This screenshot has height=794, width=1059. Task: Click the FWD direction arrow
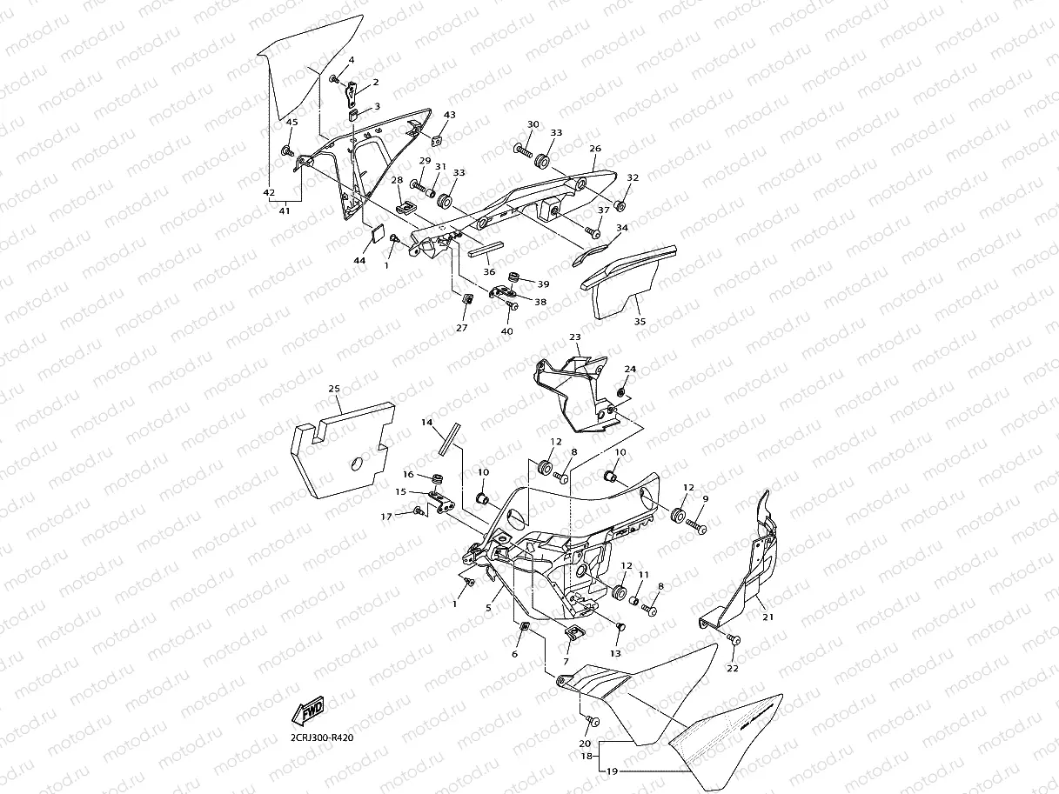coord(309,712)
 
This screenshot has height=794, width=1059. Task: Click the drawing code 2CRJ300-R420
coord(322,738)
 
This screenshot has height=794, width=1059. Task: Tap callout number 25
coord(334,388)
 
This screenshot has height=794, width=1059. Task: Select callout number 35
coord(640,320)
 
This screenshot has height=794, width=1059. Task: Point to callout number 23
coord(574,337)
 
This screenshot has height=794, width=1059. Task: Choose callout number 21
coord(767,617)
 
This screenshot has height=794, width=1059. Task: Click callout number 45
coord(292,123)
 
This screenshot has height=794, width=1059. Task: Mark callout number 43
coord(449,115)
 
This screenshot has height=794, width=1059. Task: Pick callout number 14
coord(426,422)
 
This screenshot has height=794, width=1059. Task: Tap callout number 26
coord(595,149)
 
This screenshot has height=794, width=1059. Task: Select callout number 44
coord(359,260)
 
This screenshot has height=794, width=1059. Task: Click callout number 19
coord(611,771)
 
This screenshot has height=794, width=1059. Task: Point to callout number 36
coord(489,270)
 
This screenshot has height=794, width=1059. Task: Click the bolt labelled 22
coord(734,640)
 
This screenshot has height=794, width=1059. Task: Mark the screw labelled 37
coord(594,232)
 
